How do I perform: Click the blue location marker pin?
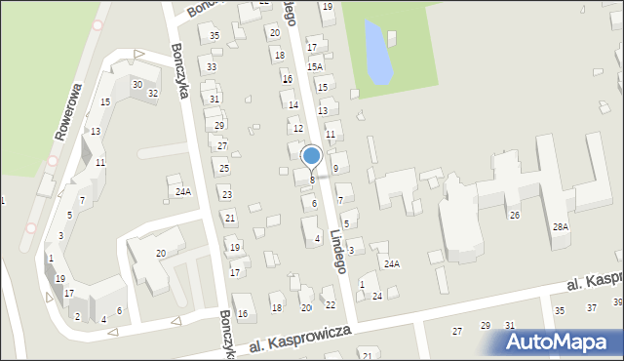(x=312, y=157)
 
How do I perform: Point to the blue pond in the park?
(x=377, y=54)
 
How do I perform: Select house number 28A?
(x=560, y=226)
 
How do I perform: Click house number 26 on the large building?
(x=515, y=215)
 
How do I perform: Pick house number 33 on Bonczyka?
(x=212, y=67)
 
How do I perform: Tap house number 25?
(x=224, y=169)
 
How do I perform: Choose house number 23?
(x=226, y=195)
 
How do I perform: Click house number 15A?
(x=315, y=67)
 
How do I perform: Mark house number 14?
(x=292, y=104)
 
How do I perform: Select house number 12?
(x=298, y=129)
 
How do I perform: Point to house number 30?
(x=137, y=85)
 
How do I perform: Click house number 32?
(x=153, y=93)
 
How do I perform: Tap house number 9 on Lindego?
(x=335, y=169)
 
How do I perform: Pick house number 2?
(x=77, y=316)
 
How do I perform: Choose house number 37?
(x=591, y=308)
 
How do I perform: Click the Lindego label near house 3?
(x=337, y=252)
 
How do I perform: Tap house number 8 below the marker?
(x=312, y=180)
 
